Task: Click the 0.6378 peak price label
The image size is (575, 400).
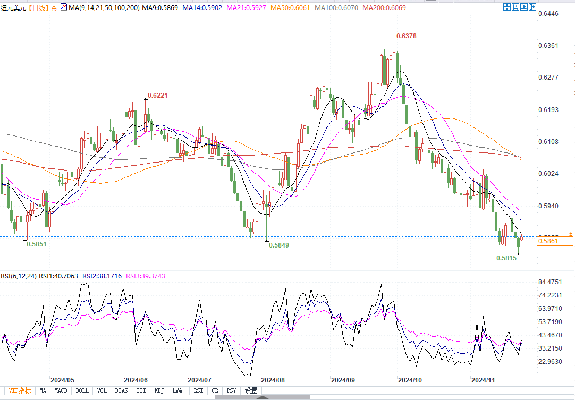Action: [407, 36]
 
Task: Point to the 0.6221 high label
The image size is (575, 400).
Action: [157, 96]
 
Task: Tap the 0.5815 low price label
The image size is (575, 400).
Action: [506, 258]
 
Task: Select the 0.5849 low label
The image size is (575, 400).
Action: [279, 245]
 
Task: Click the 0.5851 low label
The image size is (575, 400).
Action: [36, 244]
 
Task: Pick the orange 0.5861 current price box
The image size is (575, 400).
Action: [547, 241]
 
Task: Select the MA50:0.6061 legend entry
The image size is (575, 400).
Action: [291, 8]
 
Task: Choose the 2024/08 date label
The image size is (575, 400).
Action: [273, 380]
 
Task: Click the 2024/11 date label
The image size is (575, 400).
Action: [483, 380]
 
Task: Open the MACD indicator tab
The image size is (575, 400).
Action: [61, 390]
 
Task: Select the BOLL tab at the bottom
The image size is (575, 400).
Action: [82, 390]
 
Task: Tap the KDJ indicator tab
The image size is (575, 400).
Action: [159, 390]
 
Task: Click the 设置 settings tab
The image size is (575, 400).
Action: [251, 390]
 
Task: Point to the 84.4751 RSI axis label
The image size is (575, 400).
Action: [550, 282]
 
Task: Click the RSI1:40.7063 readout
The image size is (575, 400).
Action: [58, 276]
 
